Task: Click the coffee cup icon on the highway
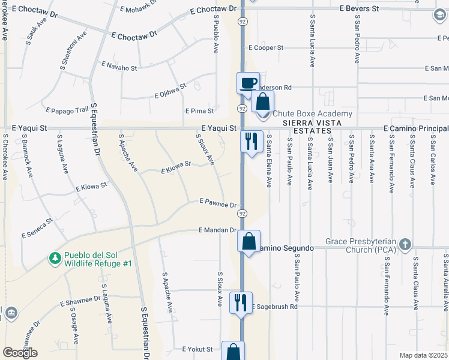click(x=248, y=83)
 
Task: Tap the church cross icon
click(x=406, y=244)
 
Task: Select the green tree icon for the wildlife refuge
click(x=55, y=258)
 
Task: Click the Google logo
click(x=20, y=353)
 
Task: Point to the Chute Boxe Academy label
click(x=312, y=114)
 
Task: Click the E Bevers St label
click(x=360, y=9)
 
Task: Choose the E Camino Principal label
click(x=416, y=128)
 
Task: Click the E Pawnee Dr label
click(x=218, y=204)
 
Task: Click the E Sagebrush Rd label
click(x=276, y=307)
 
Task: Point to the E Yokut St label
click(x=197, y=349)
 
